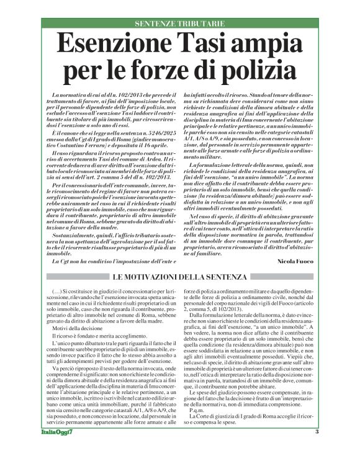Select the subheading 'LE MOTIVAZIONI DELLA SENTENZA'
180,276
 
